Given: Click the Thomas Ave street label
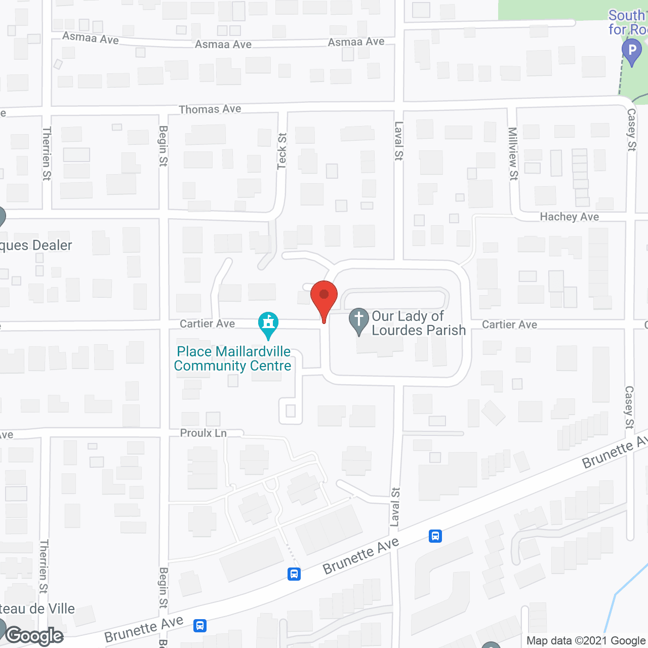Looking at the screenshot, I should click(210, 109).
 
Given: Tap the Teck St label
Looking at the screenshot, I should click(282, 151).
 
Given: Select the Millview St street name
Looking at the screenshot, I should click(513, 153).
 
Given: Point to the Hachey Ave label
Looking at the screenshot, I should click(569, 217).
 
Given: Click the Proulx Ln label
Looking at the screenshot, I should click(204, 433).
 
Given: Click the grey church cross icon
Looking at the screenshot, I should click(359, 321).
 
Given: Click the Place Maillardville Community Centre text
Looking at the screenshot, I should click(232, 358).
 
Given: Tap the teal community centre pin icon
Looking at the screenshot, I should click(268, 325).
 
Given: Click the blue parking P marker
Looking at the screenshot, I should click(631, 52).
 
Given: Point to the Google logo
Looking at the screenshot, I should click(34, 635).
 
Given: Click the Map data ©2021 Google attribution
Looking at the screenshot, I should click(586, 640).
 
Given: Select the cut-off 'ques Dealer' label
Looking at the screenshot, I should click(36, 246).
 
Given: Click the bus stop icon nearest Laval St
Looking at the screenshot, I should click(435, 536).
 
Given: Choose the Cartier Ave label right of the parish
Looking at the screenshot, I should click(509, 325).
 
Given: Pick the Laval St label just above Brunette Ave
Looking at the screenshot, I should click(395, 507).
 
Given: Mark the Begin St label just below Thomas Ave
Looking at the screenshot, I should click(163, 146).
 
